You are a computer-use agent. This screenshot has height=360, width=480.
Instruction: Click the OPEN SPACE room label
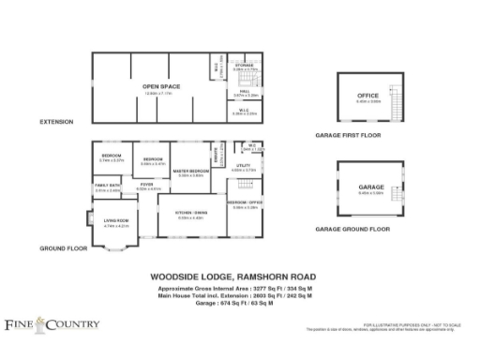click(161, 86)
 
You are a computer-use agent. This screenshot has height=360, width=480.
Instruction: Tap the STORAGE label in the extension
click(245, 66)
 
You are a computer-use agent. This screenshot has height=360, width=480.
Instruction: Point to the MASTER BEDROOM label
click(190, 172)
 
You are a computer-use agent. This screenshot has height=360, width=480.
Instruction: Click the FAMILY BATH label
click(107, 186)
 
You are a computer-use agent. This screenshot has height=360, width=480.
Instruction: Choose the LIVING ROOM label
click(115, 221)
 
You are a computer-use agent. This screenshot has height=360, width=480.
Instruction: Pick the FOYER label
click(147, 185)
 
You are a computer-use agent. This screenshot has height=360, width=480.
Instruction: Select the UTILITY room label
click(242, 166)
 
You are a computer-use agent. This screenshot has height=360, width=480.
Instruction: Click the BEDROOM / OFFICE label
click(243, 202)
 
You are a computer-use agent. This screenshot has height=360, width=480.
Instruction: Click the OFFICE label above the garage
click(367, 97)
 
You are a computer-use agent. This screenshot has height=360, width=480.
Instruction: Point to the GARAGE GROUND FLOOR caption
click(352, 229)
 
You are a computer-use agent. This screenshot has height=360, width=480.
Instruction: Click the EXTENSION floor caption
click(55, 123)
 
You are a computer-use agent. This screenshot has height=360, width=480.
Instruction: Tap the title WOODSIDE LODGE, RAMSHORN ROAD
click(232, 277)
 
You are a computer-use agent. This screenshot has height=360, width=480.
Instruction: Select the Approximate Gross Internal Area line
click(232, 289)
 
